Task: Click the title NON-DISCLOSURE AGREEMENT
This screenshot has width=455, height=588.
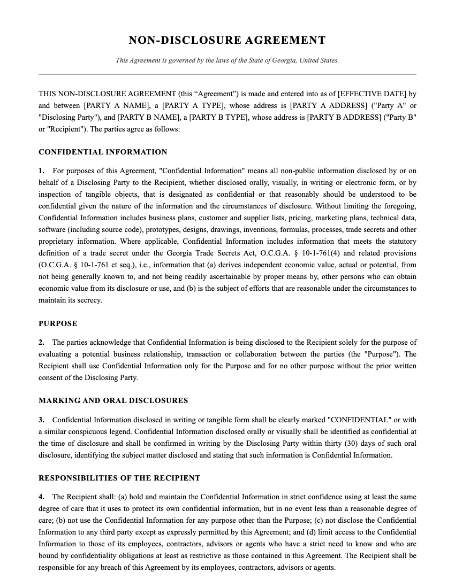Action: [x=227, y=41]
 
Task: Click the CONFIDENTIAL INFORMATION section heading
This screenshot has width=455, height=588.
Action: [x=103, y=152]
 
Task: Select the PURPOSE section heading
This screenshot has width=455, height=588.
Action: [x=58, y=324]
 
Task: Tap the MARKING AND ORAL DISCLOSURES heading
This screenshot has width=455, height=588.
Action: [x=113, y=401]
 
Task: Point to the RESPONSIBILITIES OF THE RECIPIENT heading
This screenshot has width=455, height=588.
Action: [x=119, y=478]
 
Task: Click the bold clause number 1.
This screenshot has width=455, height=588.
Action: [x=41, y=171]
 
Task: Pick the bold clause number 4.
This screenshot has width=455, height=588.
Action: [x=41, y=497]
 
